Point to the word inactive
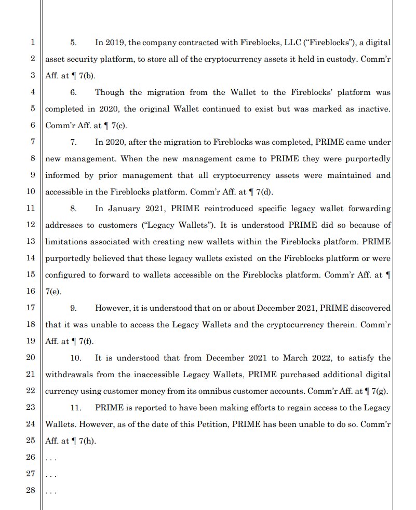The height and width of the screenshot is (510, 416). (x=373, y=109)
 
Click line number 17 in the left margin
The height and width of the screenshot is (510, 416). (x=30, y=308)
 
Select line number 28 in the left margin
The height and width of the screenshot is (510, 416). (x=30, y=491)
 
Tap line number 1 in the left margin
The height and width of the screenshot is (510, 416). (x=32, y=42)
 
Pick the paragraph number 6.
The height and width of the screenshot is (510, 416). (x=74, y=92)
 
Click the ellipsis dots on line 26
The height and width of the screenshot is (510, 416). (x=51, y=459)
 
